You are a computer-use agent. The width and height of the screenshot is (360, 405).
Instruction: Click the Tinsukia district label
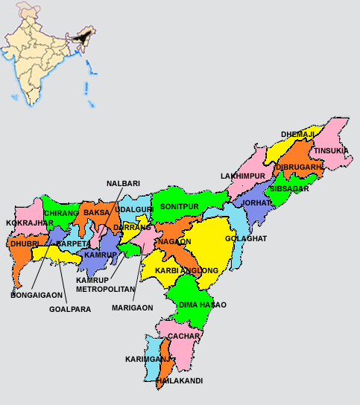331,150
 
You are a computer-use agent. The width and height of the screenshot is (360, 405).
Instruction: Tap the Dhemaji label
297,135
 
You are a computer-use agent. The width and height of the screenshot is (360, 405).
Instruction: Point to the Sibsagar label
290,189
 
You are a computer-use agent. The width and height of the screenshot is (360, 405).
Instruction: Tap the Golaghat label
246,239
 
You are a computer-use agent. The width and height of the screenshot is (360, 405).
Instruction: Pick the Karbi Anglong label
186,270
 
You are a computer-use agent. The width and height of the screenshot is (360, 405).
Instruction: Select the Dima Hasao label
202,305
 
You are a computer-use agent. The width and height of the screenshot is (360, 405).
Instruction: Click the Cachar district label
183,336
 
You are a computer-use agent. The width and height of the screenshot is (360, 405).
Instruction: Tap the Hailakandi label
180,380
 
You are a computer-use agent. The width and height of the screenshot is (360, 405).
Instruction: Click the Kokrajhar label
29,223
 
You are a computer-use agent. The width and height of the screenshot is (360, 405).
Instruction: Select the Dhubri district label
24,243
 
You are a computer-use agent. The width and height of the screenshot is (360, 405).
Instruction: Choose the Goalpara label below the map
69,309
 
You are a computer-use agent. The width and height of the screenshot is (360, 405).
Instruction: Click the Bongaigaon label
37,295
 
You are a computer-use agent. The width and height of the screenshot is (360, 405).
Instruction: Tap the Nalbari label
123,182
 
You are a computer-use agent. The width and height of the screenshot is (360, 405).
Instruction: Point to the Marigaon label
132,307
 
